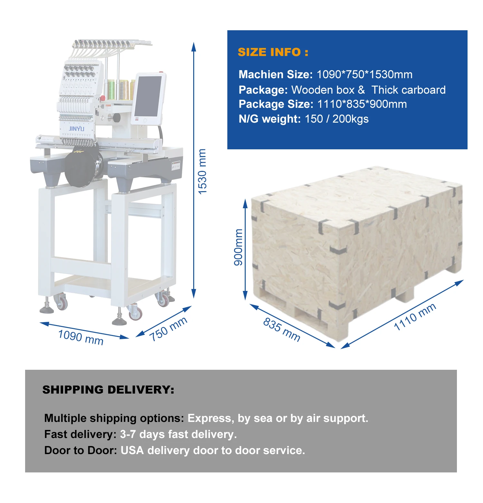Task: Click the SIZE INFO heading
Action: point(273,52)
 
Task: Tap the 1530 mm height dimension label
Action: point(202,172)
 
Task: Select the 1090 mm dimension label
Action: point(81,337)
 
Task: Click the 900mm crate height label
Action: point(238,247)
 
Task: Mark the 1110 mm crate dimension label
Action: point(415,317)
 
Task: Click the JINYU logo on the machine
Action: point(77,129)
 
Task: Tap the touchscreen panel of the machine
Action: point(148,96)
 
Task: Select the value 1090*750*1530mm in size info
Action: point(365,75)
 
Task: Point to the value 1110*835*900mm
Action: point(362,104)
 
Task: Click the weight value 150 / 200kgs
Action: point(336,119)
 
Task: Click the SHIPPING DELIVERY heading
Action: point(108,390)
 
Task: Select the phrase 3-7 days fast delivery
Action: point(178,434)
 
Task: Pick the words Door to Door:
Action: point(80,451)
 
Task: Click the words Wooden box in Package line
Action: point(323,90)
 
